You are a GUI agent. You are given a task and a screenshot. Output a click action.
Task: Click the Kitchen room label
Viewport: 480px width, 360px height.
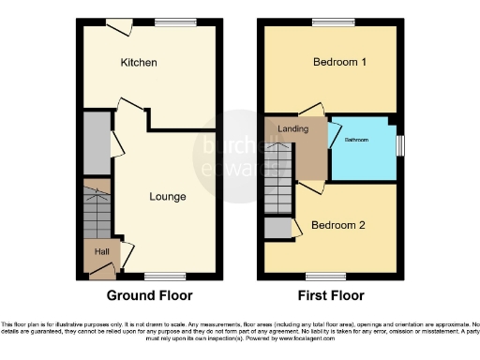(138, 63)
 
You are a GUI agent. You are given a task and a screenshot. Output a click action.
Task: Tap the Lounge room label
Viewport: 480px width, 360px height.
(167, 197)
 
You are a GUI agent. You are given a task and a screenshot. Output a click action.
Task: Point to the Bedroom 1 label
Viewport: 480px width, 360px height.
(338, 63)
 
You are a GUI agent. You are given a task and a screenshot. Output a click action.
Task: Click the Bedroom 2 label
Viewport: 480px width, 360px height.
(337, 226)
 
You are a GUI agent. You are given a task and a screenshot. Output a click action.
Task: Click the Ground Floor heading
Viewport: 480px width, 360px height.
(149, 295)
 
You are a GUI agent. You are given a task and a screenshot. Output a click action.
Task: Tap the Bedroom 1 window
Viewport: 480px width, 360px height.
(326, 22)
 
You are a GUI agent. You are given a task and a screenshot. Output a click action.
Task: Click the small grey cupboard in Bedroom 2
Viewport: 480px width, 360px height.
(277, 228)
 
